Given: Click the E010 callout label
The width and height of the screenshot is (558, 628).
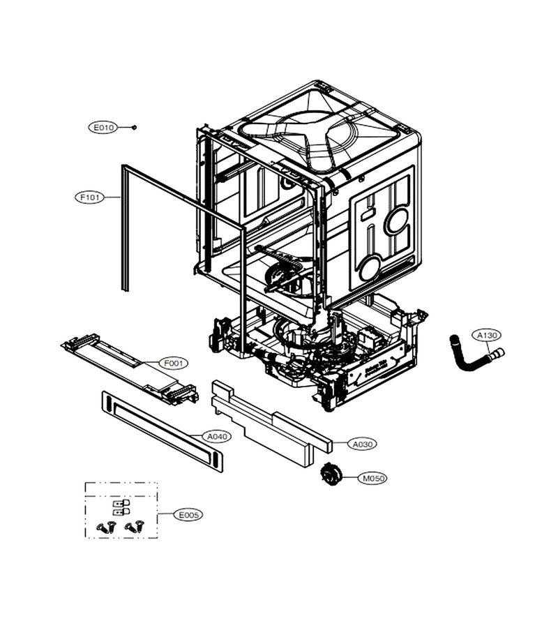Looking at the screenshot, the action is tap(104, 128).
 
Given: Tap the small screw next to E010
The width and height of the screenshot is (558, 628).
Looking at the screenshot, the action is tap(134, 128).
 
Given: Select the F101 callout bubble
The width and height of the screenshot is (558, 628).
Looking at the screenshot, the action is tap(90, 197).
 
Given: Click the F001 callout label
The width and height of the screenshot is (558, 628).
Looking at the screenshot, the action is tap(174, 364).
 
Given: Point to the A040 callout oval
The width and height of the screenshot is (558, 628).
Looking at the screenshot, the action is tap(218, 437).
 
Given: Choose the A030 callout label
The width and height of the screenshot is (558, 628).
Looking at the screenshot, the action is tap(363, 444).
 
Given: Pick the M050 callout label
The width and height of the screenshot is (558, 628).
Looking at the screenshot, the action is tap(372, 478).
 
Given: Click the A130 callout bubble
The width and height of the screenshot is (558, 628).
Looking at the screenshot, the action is tap(487, 335).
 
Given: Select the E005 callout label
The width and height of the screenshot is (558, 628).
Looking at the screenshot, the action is tap(188, 515).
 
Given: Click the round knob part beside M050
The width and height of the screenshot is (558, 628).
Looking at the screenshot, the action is tap(331, 475).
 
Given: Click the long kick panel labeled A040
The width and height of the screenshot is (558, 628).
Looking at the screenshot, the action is tap(162, 432).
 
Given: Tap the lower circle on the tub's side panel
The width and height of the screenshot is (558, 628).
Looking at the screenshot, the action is tap(370, 267).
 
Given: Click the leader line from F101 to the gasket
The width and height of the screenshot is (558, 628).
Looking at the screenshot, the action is tap(112, 197).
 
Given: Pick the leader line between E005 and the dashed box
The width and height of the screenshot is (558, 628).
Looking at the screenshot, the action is tap(165, 514).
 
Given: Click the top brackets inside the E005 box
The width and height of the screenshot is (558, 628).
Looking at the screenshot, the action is tap(121, 507).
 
